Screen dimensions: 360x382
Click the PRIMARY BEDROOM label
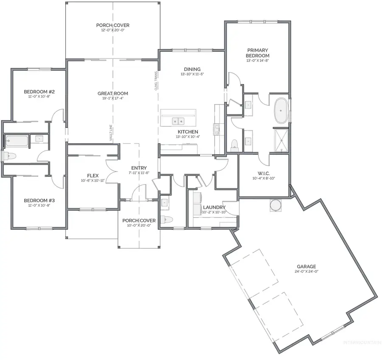click(x=258, y=53)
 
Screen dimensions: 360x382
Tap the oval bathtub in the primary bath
click(x=281, y=111)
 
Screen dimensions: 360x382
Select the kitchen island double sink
click(x=178, y=121)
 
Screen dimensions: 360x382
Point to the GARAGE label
click(x=306, y=266)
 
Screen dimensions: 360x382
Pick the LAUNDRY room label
click(x=214, y=207)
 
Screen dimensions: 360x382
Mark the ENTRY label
click(x=139, y=168)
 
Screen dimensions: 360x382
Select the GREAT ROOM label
click(x=112, y=93)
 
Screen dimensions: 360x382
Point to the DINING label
click(x=192, y=70)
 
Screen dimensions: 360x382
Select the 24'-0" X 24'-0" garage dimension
click(x=306, y=271)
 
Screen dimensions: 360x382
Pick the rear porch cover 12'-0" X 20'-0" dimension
click(x=112, y=31)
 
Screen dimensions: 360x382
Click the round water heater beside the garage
click(x=275, y=205)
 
